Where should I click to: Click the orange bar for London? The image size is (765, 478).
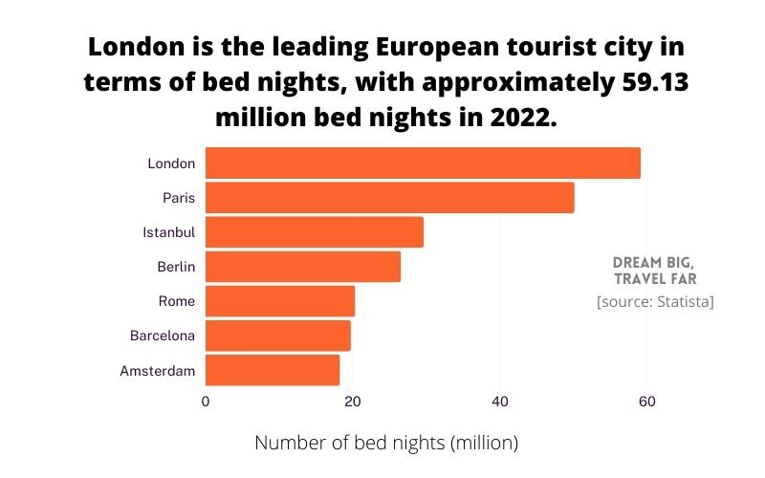click(423, 163)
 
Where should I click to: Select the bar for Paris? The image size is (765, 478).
click(389, 198)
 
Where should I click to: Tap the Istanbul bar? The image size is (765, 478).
click(314, 232)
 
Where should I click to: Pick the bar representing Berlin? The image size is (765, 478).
click(302, 267)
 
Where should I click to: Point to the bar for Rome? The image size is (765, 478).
click(279, 301)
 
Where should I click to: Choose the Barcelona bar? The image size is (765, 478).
click(277, 336)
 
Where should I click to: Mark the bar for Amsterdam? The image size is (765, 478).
click(272, 370)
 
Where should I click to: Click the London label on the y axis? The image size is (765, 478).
click(171, 163)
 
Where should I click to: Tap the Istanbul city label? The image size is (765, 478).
click(168, 232)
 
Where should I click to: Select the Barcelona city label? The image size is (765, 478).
click(163, 336)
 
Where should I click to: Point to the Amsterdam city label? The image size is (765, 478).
click(158, 370)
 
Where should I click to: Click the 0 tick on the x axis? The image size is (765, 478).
click(206, 402)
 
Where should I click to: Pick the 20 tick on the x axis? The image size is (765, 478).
click(352, 402)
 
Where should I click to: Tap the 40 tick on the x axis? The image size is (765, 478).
click(499, 402)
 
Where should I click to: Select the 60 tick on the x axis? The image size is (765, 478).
click(646, 402)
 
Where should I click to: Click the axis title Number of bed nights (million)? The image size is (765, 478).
click(385, 443)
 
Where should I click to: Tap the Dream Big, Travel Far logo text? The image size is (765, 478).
click(654, 270)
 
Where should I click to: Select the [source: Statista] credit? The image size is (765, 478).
click(655, 302)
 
